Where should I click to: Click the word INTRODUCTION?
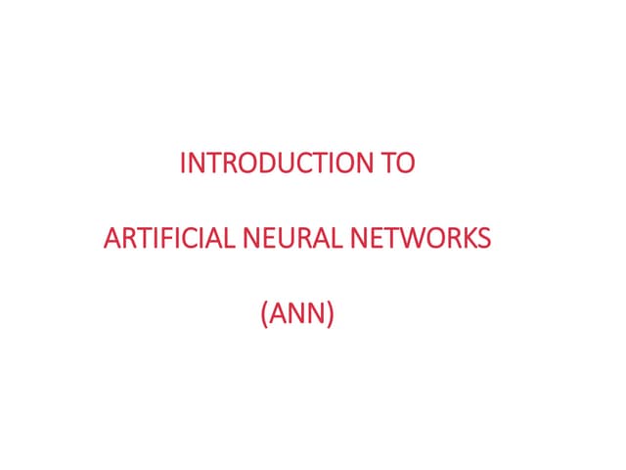pyautogui.click(x=276, y=163)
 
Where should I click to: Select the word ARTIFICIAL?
pyautogui.click(x=169, y=238)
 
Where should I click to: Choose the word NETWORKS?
pyautogui.click(x=421, y=238)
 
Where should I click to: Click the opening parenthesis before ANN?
pyautogui.click(x=264, y=314)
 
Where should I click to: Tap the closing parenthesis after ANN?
pyautogui.click(x=330, y=314)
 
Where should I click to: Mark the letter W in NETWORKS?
pyautogui.click(x=414, y=238)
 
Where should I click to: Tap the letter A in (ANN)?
pyautogui.click(x=279, y=313)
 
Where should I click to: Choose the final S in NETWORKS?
pyautogui.click(x=483, y=238)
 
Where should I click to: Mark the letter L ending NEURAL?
pyautogui.click(x=336, y=238)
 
